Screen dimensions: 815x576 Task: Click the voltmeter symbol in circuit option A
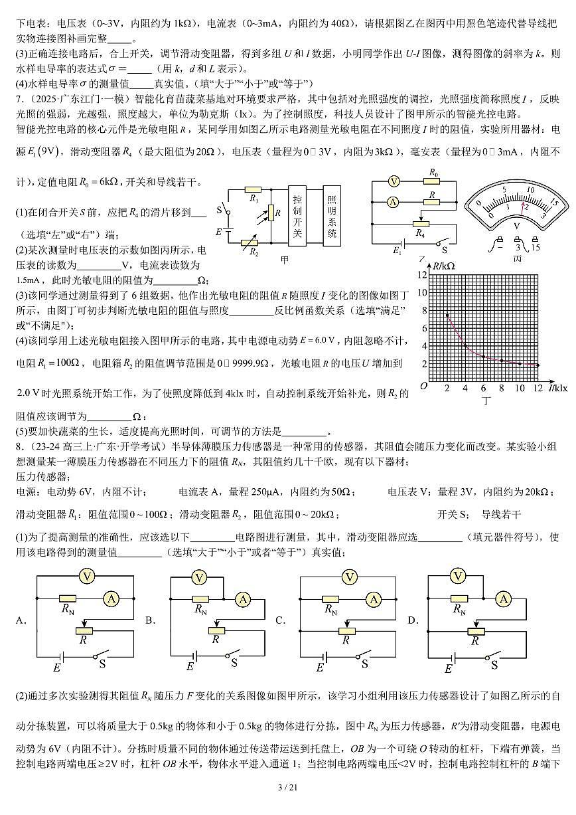[x=86, y=577]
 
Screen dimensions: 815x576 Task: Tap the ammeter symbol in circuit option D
[x=504, y=598]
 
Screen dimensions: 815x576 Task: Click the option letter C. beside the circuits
[x=280, y=620]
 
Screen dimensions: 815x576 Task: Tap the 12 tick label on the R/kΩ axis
[x=422, y=274]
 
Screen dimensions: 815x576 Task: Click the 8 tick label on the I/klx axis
[x=501, y=387]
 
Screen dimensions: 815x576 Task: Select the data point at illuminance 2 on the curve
[x=447, y=316]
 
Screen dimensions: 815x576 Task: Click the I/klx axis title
[x=558, y=387]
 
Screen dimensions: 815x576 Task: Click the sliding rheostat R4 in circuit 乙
[x=421, y=224]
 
